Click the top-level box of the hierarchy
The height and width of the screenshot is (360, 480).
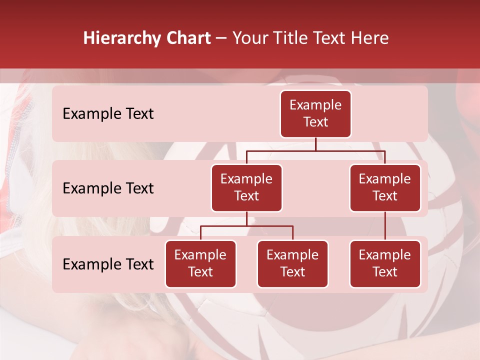pos(315,113)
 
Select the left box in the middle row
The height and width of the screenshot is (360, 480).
pos(246,187)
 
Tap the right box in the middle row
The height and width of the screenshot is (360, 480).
pos(385,187)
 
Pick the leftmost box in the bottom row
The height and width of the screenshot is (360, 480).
pos(200,263)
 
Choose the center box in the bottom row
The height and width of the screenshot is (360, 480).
pos(292,263)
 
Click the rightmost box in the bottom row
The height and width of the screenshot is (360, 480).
pos(385,263)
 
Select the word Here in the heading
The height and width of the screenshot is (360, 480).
pos(368,38)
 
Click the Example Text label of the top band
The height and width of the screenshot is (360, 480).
pos(108,114)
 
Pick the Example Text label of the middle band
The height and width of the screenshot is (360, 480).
pos(108,188)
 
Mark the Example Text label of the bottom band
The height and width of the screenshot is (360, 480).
pos(108,264)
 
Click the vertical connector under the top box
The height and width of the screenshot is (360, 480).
pos(315,144)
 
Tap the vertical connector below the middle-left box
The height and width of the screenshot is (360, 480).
pos(246,218)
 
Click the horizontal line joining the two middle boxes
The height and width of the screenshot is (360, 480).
pos(315,150)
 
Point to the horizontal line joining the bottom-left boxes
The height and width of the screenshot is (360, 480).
pos(246,226)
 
